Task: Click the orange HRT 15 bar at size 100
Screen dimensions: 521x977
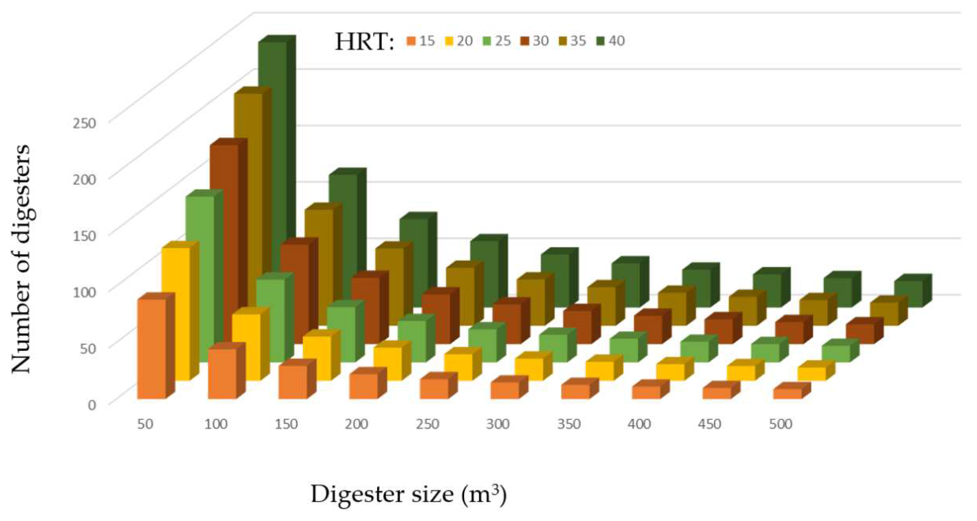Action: pos(222,373)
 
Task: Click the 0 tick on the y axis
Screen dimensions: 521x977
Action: pos(92,404)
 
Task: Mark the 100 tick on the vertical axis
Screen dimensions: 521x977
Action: pos(84,292)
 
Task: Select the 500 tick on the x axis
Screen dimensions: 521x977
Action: pos(781,424)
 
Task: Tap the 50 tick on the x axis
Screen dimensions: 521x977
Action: pos(145,424)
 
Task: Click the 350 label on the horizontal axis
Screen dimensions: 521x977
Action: pos(569,424)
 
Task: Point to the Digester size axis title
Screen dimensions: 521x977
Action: pos(409,494)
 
